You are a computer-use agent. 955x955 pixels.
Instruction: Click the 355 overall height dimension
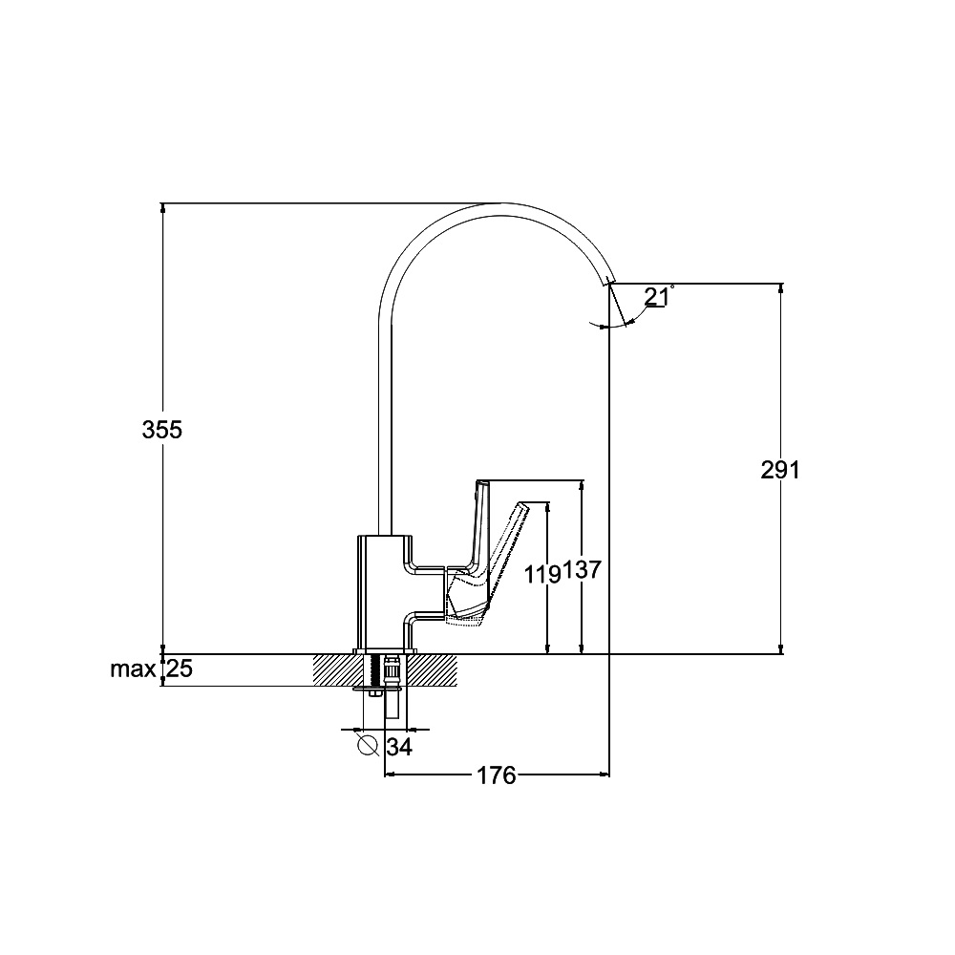pyautogui.click(x=162, y=430)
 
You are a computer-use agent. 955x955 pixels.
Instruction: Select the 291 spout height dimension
pyautogui.click(x=780, y=470)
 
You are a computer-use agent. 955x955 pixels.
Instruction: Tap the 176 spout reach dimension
pyautogui.click(x=496, y=775)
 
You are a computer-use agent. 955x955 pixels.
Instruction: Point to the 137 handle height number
pyautogui.click(x=582, y=570)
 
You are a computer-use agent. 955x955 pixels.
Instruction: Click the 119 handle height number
pyautogui.click(x=543, y=574)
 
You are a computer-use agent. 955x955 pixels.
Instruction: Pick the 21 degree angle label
pyautogui.click(x=656, y=297)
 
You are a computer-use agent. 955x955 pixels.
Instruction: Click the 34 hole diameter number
pyautogui.click(x=399, y=747)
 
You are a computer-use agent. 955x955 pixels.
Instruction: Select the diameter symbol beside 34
pyautogui.click(x=368, y=744)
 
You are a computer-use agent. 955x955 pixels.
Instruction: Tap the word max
pyautogui.click(x=133, y=669)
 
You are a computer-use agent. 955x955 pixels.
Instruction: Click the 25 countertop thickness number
pyautogui.click(x=180, y=668)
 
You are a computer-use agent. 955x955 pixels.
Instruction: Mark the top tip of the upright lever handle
pyautogui.click(x=481, y=481)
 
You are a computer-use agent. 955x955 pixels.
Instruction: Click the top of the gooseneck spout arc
pyautogui.click(x=501, y=203)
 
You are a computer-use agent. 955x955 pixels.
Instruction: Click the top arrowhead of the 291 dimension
pyautogui.click(x=781, y=288)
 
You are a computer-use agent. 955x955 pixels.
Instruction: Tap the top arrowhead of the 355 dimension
pyautogui.click(x=162, y=207)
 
